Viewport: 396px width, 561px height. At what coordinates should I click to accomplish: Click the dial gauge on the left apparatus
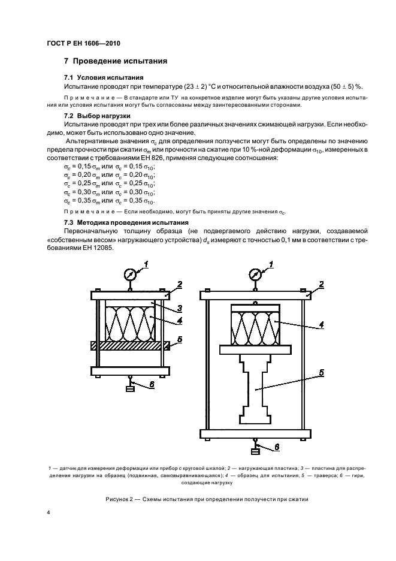(129, 274)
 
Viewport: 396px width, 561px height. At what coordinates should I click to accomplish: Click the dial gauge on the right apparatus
(255, 274)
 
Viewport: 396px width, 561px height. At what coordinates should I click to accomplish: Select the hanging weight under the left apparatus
(129, 388)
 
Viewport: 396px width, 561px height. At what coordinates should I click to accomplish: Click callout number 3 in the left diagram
(179, 309)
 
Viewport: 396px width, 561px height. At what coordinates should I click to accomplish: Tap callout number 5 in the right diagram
(321, 372)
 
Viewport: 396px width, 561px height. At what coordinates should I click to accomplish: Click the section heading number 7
(66, 61)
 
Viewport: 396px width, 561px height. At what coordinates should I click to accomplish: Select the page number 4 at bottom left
(47, 513)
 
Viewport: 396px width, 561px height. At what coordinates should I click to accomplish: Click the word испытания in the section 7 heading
(143, 61)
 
